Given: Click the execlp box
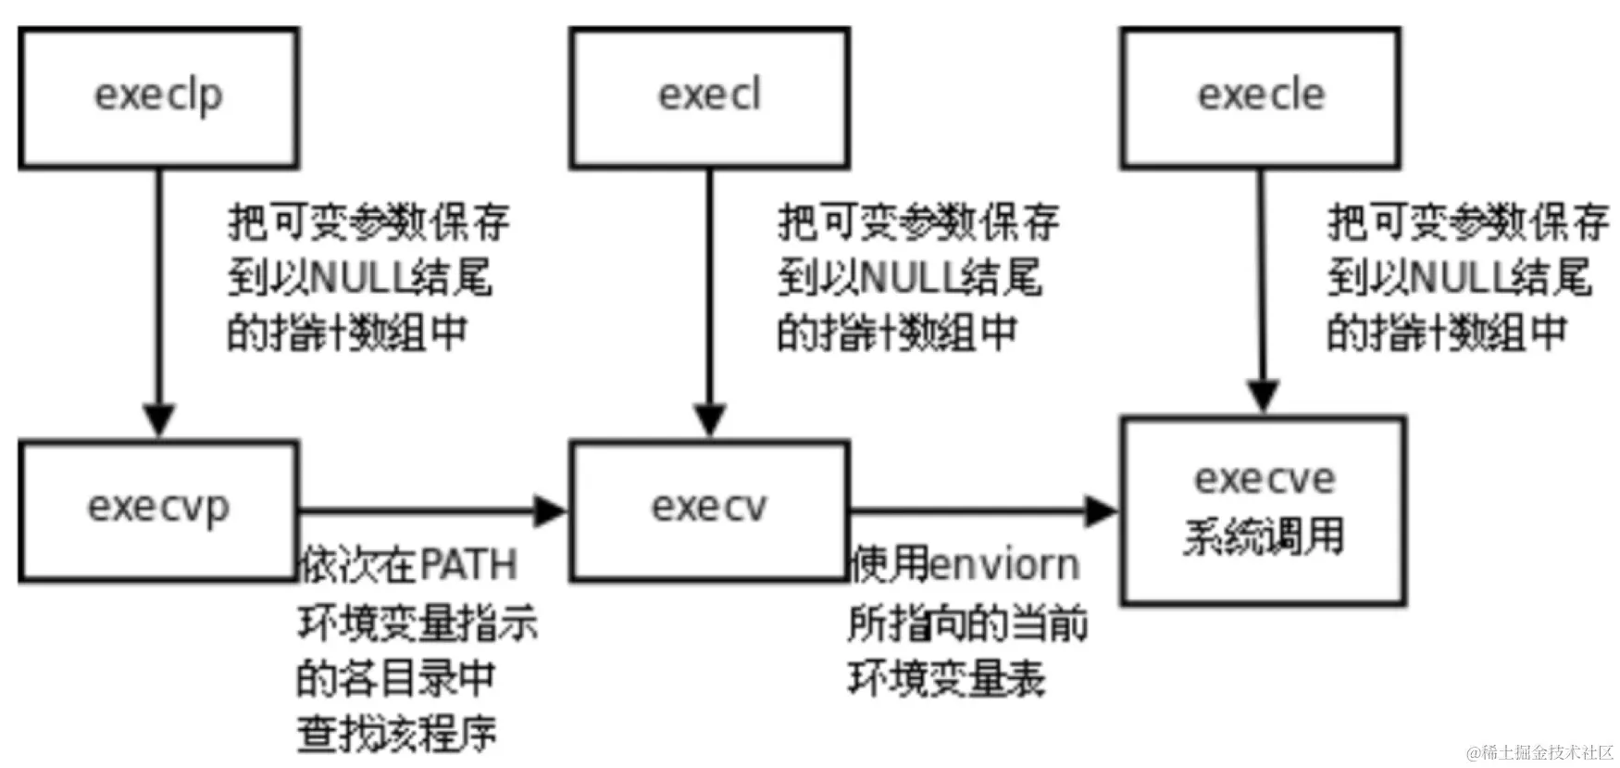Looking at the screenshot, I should pyautogui.click(x=158, y=97).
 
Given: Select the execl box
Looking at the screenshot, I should pyautogui.click(x=709, y=97).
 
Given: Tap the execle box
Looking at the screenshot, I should pyautogui.click(x=1260, y=97).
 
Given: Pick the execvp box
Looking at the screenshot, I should pyautogui.click(x=158, y=510).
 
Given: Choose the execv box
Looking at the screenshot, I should pyautogui.click(x=709, y=510).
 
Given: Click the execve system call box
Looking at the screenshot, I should pyautogui.click(x=1264, y=510).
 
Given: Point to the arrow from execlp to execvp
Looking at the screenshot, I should pyautogui.click(x=158, y=296).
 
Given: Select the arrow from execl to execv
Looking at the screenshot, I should pyautogui.click(x=709, y=296).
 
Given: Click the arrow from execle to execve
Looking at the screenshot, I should pyautogui.click(x=1262, y=287).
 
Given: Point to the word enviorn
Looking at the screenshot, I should pyautogui.click(x=1004, y=565).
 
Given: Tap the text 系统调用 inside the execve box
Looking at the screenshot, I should pyautogui.click(x=1264, y=536).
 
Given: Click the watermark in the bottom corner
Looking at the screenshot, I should pyautogui.click(x=1539, y=751).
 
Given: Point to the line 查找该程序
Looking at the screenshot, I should pyautogui.click(x=396, y=734).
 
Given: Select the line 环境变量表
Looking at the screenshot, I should pyautogui.click(x=946, y=678).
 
